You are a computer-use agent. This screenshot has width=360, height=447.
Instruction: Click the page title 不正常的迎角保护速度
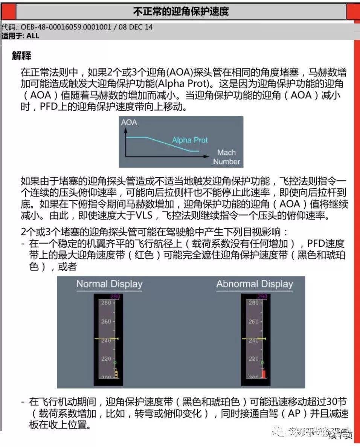coord(181,12)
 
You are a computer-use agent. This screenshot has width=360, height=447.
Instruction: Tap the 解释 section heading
coord(21,56)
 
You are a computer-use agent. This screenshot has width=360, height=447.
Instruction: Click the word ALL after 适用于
coord(33,36)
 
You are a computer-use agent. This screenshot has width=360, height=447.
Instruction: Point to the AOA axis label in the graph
coord(129,122)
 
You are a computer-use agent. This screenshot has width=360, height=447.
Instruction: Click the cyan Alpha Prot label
coord(190,140)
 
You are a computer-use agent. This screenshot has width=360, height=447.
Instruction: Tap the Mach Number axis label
coord(226,157)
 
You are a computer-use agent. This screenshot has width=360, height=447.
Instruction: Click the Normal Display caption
coord(109,284)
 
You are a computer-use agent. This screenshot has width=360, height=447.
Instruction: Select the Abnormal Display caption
coord(255,284)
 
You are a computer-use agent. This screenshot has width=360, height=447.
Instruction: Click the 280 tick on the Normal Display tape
coord(106,303)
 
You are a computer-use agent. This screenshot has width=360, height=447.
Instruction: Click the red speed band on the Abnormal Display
coord(264,373)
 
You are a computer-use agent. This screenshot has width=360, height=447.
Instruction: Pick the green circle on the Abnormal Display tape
coord(262,362)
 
